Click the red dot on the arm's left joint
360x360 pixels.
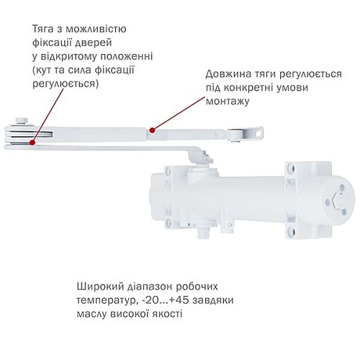pos(33,141)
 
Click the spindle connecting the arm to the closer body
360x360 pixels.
pos(206,157)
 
